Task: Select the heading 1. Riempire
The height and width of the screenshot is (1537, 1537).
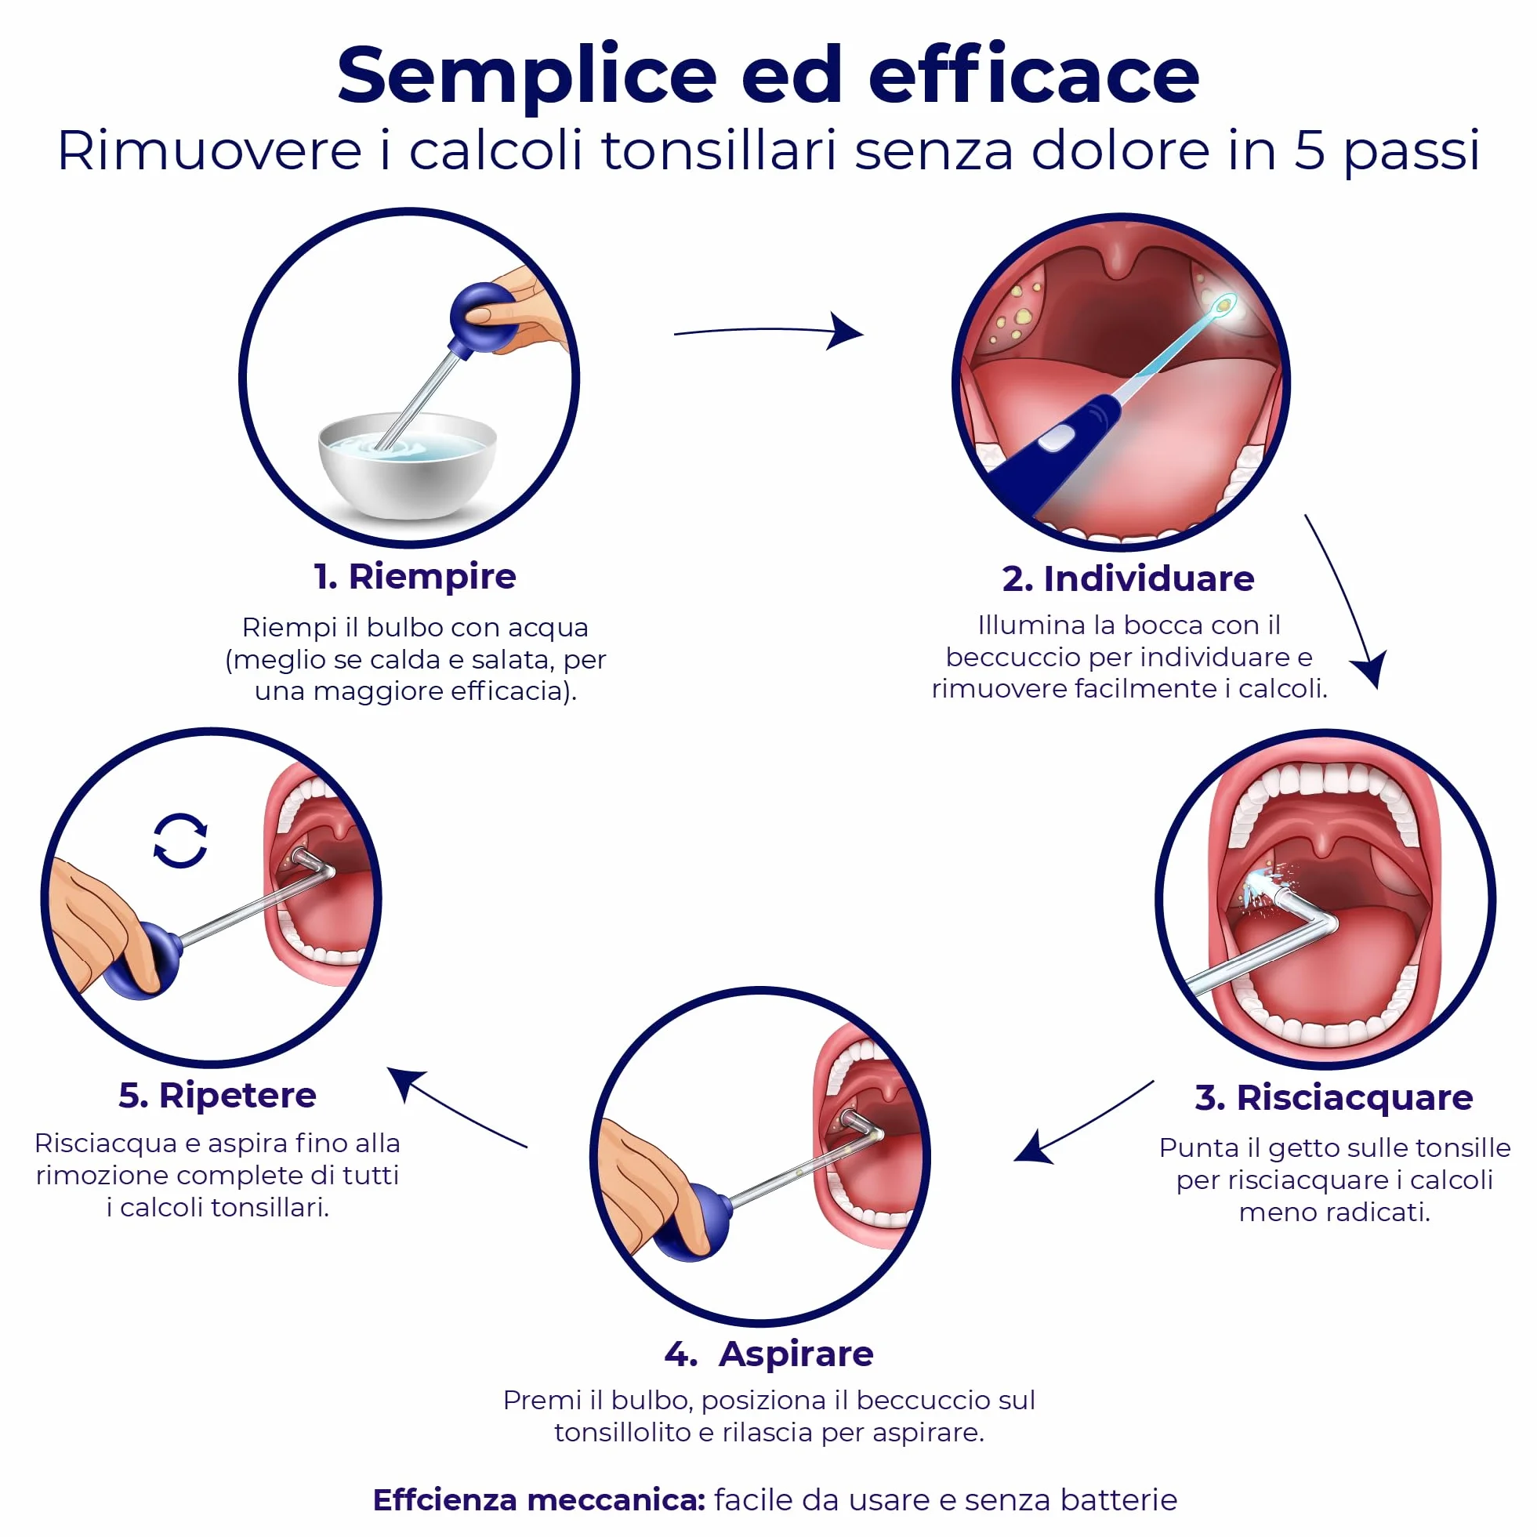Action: pyautogui.click(x=415, y=576)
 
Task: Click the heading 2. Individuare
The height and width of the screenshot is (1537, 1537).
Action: pyautogui.click(x=1128, y=579)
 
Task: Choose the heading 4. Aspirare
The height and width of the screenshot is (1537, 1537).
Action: pyautogui.click(x=770, y=1354)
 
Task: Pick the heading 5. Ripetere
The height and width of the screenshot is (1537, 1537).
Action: pyautogui.click(x=217, y=1097)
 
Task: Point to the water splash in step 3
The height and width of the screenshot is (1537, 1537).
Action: pyautogui.click(x=1262, y=888)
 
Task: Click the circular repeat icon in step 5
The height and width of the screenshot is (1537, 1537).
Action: pyautogui.click(x=180, y=840)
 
